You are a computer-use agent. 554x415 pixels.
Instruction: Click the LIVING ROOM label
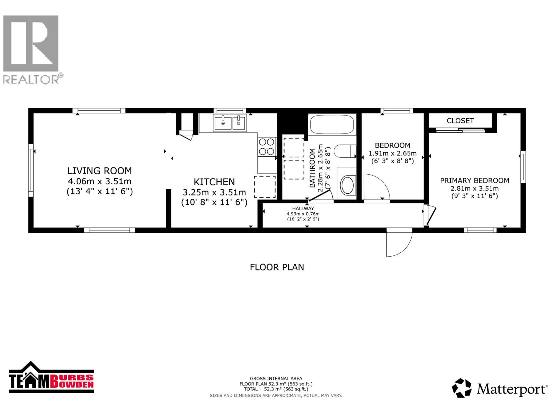click(x=99, y=171)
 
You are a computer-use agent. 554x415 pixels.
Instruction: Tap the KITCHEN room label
click(x=214, y=182)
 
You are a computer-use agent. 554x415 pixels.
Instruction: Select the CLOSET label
click(x=460, y=121)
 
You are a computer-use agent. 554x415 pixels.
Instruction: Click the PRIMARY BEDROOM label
click(x=474, y=181)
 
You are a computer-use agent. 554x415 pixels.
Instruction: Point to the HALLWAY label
click(x=303, y=209)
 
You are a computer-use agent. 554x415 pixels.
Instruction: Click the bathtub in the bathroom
click(x=332, y=124)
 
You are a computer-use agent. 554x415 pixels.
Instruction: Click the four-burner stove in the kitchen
click(x=267, y=147)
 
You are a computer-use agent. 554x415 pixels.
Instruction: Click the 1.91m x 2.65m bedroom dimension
click(x=392, y=153)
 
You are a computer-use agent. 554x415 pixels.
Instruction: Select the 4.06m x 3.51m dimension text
click(x=99, y=181)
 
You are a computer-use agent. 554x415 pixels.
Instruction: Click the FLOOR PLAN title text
click(x=277, y=267)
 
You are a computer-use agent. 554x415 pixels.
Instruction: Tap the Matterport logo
click(x=500, y=388)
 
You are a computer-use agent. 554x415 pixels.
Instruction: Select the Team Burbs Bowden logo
click(x=51, y=378)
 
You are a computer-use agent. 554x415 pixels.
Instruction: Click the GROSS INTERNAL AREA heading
click(x=276, y=378)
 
